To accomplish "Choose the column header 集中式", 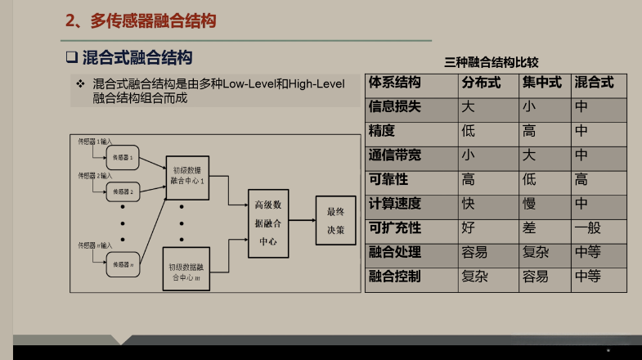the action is [x=541, y=83].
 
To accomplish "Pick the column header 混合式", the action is [x=594, y=83].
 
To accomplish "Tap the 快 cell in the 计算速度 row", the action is [x=469, y=204].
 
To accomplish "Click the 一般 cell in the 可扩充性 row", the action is [x=587, y=227].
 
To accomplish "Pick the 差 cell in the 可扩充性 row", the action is [x=529, y=227].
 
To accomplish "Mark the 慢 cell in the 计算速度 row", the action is [x=529, y=204].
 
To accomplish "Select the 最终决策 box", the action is [x=336, y=220].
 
